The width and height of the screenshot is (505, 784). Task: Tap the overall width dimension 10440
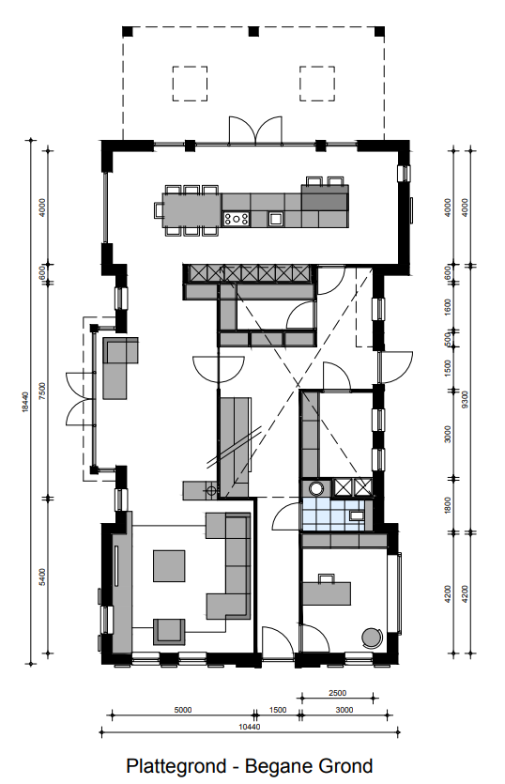(249, 727)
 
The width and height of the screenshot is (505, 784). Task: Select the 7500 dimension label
(42, 391)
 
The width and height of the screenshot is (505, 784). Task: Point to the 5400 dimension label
(42, 577)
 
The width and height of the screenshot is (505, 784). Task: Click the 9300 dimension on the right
(465, 399)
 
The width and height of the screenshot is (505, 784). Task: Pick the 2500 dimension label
(338, 693)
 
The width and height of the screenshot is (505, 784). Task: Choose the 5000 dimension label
(182, 710)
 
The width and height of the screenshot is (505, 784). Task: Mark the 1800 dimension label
(448, 505)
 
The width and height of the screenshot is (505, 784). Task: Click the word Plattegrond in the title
(176, 766)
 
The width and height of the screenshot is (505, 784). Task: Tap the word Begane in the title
(278, 766)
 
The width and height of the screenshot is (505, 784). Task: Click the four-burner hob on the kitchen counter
(236, 219)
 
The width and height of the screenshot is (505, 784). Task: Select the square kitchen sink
(275, 218)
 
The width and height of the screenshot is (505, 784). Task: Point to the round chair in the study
(372, 638)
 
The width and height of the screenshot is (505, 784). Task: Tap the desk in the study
(326, 593)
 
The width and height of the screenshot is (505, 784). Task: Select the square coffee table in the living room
(169, 565)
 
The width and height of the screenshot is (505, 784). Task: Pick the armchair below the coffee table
(169, 632)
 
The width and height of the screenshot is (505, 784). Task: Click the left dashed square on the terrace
(190, 84)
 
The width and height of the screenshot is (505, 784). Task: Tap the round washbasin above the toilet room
(316, 488)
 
